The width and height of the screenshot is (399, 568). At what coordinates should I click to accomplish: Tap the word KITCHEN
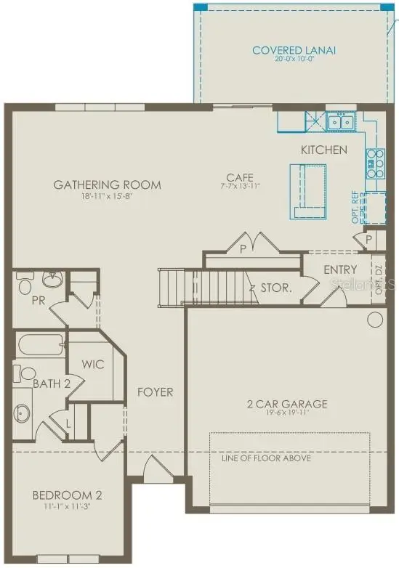[x=324, y=150]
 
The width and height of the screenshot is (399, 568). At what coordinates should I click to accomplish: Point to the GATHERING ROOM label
[x=107, y=184]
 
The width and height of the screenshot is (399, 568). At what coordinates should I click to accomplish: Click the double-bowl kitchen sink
[x=339, y=122]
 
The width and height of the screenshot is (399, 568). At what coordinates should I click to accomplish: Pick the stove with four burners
[x=375, y=163]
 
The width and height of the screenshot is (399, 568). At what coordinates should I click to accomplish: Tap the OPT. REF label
[x=356, y=208]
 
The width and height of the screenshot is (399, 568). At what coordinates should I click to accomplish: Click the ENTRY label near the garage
[x=340, y=269]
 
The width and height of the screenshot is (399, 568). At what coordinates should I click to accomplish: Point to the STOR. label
[x=276, y=288]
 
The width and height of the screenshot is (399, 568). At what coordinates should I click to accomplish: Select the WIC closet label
[x=93, y=365]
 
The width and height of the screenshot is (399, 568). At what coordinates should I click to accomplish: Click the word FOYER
[x=156, y=392]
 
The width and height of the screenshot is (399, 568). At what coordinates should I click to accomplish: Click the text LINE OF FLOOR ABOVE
[x=266, y=458]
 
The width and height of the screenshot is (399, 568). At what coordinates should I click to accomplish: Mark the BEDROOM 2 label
[x=67, y=495]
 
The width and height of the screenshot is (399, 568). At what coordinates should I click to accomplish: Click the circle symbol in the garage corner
[x=376, y=319]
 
